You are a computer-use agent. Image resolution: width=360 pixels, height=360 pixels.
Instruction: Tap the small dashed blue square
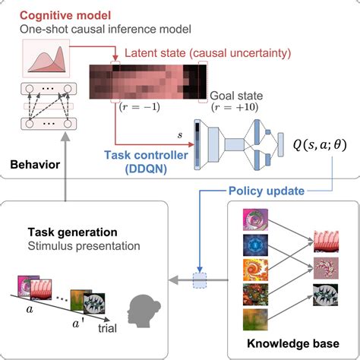tap(200, 280)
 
